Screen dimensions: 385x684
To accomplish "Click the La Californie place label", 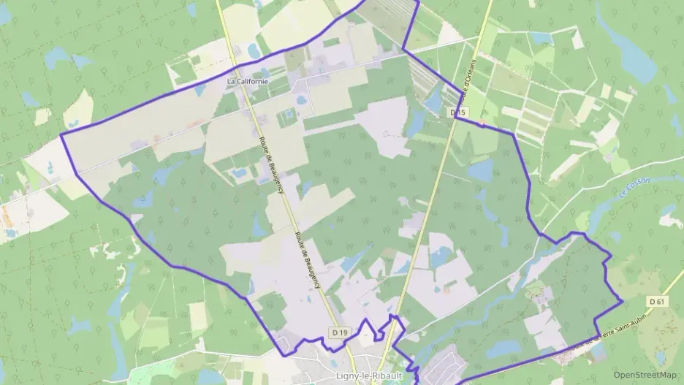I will pyautogui.click(x=247, y=82).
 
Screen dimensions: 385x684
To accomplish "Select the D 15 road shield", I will pyautogui.click(x=458, y=113).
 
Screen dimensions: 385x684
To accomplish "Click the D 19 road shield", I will pyautogui.click(x=339, y=333).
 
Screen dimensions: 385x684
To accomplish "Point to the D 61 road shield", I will pyautogui.click(x=658, y=301).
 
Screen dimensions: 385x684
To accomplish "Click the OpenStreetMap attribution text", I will pyautogui.click(x=645, y=374).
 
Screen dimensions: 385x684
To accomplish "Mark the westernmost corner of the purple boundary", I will pyautogui.click(x=61, y=134).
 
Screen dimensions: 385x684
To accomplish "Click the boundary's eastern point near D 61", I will pyautogui.click(x=621, y=300).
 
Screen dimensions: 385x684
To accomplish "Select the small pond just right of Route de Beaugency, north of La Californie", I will pyautogui.click(x=253, y=50).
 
